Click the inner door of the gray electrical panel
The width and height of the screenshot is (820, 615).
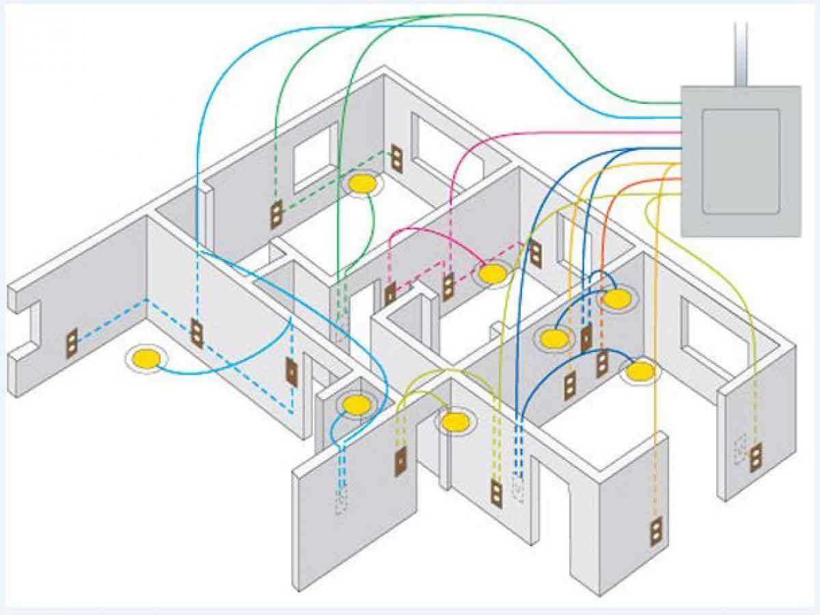tap(741, 161)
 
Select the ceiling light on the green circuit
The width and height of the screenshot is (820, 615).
tap(363, 183)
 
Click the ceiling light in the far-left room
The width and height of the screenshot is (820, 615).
tap(145, 357)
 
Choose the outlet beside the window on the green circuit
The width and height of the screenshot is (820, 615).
tap(396, 159)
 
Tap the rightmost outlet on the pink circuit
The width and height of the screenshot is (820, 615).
tap(535, 254)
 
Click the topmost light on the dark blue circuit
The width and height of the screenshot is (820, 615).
tap(616, 299)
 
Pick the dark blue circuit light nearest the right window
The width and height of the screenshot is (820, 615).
tap(640, 371)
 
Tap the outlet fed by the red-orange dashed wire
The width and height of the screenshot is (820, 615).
tap(602, 363)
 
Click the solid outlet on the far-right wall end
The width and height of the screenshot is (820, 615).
tap(755, 458)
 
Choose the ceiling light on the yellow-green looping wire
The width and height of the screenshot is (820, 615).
tap(454, 422)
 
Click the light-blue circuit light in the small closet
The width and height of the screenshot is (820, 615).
tap(356, 405)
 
